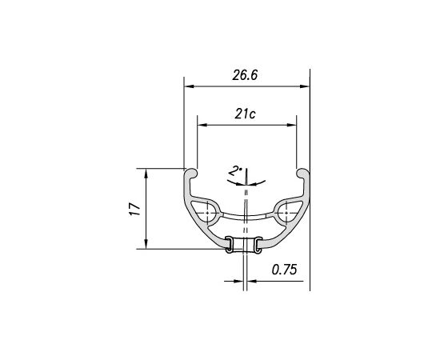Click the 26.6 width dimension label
(x=245, y=75)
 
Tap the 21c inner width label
(x=245, y=114)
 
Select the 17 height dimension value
(x=135, y=209)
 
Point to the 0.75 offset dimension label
(x=284, y=270)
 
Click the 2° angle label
(x=235, y=171)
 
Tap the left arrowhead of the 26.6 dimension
(x=189, y=86)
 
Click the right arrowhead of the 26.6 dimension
(x=305, y=86)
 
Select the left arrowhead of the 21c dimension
(x=202, y=125)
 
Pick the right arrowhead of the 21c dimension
(x=291, y=125)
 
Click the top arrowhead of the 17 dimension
(x=146, y=174)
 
